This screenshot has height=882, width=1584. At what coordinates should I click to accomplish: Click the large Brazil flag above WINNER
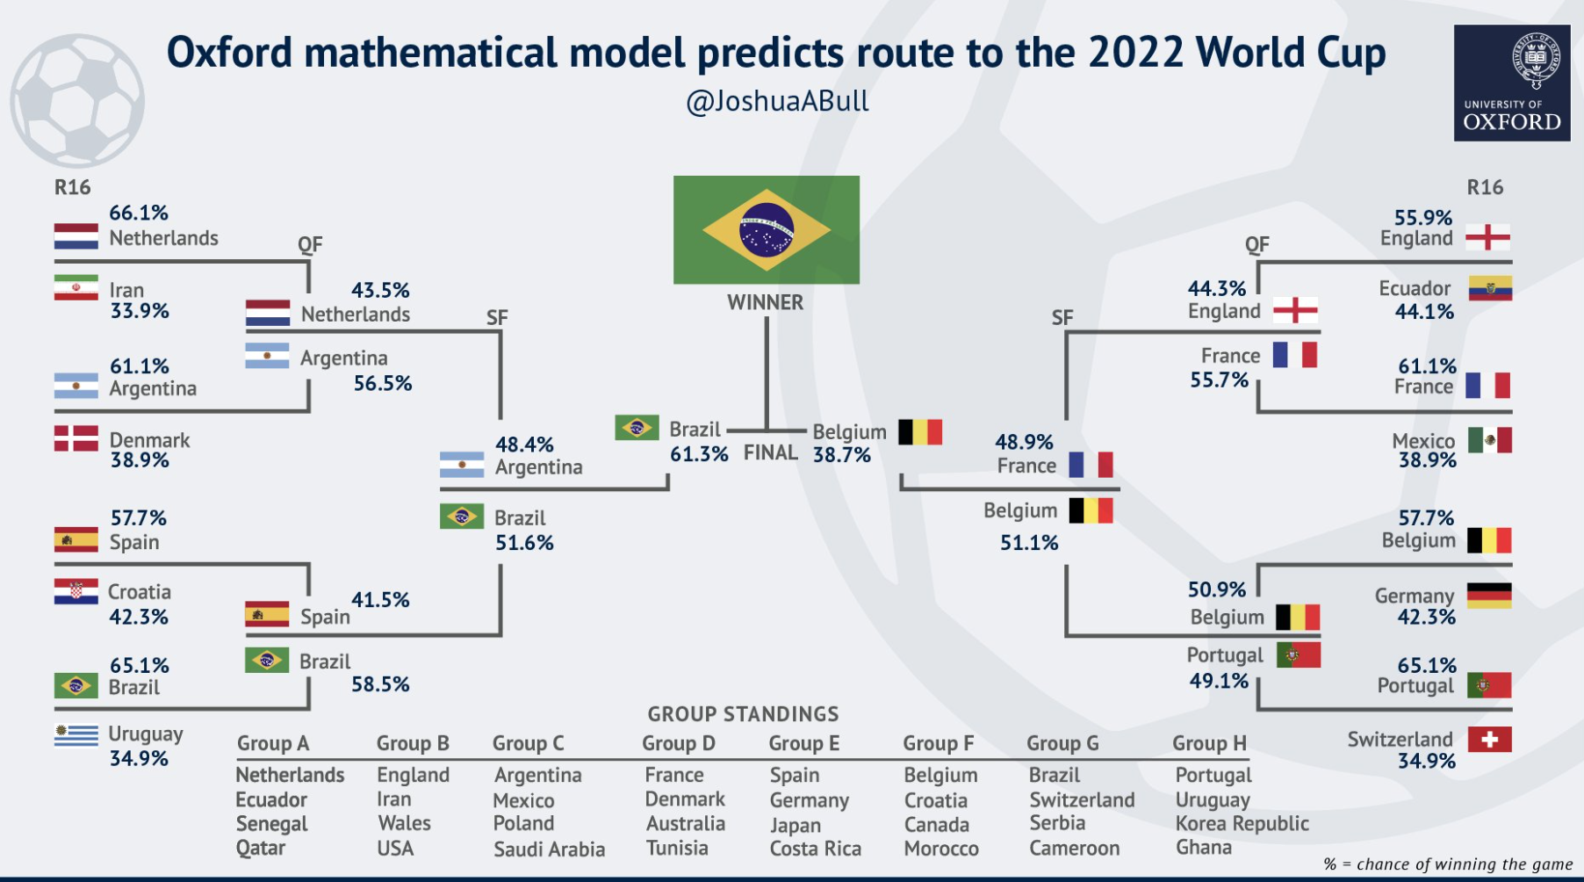tap(766, 230)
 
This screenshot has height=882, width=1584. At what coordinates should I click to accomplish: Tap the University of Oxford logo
tap(1511, 83)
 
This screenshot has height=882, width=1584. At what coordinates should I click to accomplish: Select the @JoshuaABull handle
tap(777, 102)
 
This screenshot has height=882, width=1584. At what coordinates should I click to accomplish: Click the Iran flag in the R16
tap(76, 288)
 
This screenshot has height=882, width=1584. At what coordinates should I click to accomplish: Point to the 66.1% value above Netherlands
tap(139, 213)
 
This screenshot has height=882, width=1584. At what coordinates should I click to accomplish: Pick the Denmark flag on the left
tap(76, 438)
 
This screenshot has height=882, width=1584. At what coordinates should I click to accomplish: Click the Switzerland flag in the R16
tap(1489, 740)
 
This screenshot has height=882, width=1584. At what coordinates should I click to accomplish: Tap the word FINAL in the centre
tap(770, 453)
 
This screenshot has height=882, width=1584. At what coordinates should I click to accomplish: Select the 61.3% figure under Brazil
tap(699, 455)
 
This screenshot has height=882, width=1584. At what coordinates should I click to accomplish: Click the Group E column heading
tap(803, 744)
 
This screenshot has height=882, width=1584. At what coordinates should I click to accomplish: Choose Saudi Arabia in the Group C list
tap(549, 849)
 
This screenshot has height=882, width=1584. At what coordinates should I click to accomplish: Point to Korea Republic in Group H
tap(1242, 824)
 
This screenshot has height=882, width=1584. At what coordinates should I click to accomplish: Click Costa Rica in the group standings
tap(815, 849)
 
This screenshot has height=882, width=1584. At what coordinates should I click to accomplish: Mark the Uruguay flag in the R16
tap(76, 734)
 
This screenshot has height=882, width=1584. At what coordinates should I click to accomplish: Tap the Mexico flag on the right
tap(1489, 440)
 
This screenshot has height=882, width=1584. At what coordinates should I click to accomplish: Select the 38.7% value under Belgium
tap(841, 455)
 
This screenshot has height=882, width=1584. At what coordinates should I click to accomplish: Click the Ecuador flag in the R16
tap(1489, 288)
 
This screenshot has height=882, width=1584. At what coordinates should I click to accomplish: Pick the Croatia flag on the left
tap(76, 592)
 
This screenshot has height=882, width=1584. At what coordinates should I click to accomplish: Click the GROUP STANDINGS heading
tap(743, 714)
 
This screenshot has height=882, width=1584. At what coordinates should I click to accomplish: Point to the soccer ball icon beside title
tap(77, 100)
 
